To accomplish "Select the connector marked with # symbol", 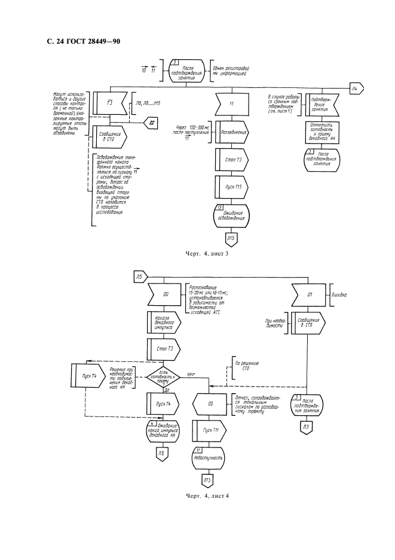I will (x=152, y=123).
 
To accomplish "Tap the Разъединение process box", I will (x=231, y=132).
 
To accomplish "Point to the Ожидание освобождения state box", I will (x=231, y=215).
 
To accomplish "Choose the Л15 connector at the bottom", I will (x=231, y=239).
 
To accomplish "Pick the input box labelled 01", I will (x=309, y=294).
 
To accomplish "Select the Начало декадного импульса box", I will (x=160, y=323).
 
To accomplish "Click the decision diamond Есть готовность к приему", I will (x=160, y=376).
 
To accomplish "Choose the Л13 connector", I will (x=207, y=480).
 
